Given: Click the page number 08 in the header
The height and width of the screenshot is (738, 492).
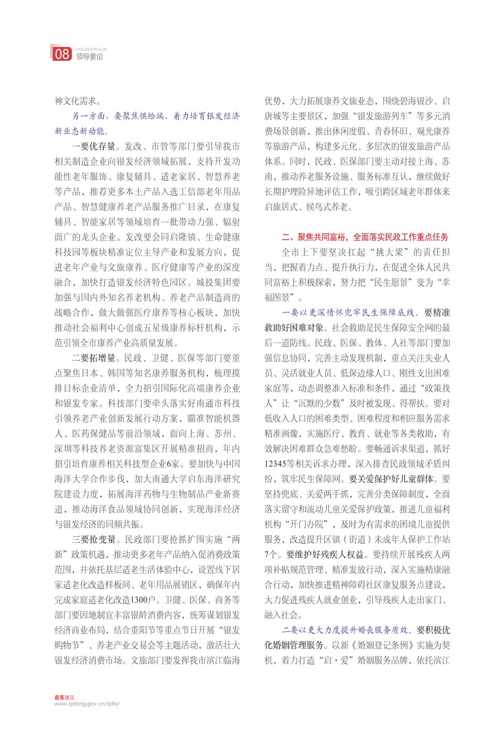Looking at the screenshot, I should click(x=62, y=54).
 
